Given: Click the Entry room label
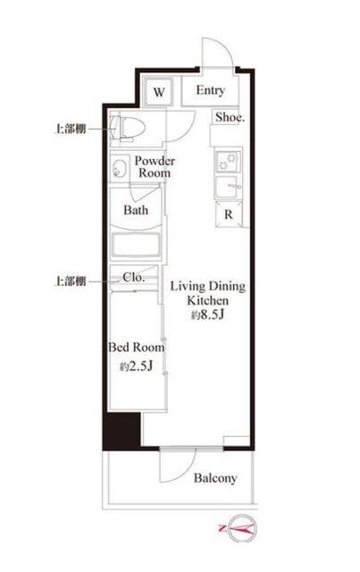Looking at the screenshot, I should [211, 91].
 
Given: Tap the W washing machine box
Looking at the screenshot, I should [161, 92].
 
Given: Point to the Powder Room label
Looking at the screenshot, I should [155, 166].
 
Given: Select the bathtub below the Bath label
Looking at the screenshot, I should [135, 244].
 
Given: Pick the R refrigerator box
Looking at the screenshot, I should [229, 214].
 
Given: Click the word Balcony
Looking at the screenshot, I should [215, 478].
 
